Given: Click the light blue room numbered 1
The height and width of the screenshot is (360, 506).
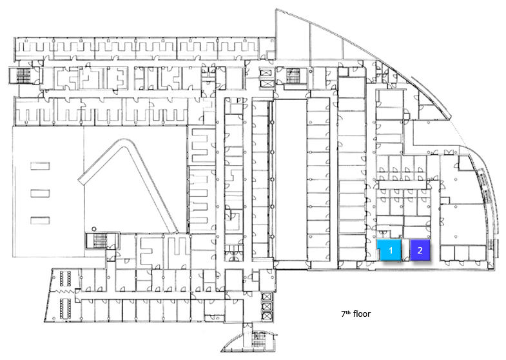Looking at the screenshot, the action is tap(390, 250).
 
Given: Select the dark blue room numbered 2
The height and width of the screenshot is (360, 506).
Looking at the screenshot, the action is tap(420, 250).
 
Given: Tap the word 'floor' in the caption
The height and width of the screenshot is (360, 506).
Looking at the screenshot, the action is tap(362, 314).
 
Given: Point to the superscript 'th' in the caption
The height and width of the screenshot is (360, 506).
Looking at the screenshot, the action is tap(348, 312).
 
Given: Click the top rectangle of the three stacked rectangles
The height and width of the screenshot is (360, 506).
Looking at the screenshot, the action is tap(40, 166).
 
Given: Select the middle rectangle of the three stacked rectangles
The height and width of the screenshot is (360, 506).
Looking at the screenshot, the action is tap(40, 193).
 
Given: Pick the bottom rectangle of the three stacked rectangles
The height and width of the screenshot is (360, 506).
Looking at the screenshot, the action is tap(40, 220).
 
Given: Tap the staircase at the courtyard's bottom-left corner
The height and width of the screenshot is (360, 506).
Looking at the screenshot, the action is tap(99, 241).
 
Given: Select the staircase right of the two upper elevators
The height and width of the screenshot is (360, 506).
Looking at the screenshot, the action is tap(293, 75).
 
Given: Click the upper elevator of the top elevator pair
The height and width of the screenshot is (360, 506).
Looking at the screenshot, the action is tap(267, 74).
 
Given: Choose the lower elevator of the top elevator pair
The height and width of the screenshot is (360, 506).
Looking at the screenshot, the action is tap(267, 84).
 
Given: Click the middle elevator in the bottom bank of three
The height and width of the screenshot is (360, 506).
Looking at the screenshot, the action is tap(268, 306).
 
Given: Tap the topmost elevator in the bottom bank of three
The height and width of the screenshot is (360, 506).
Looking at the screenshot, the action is tap(268, 296).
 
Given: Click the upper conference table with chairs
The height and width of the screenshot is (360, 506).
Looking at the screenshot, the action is tap(65, 279).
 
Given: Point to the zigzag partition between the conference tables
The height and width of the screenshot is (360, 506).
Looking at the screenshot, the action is tap(66, 292).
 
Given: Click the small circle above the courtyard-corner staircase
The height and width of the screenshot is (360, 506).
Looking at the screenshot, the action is tap(93, 229).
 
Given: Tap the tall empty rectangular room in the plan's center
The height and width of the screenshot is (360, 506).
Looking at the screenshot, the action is tap(290, 179).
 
